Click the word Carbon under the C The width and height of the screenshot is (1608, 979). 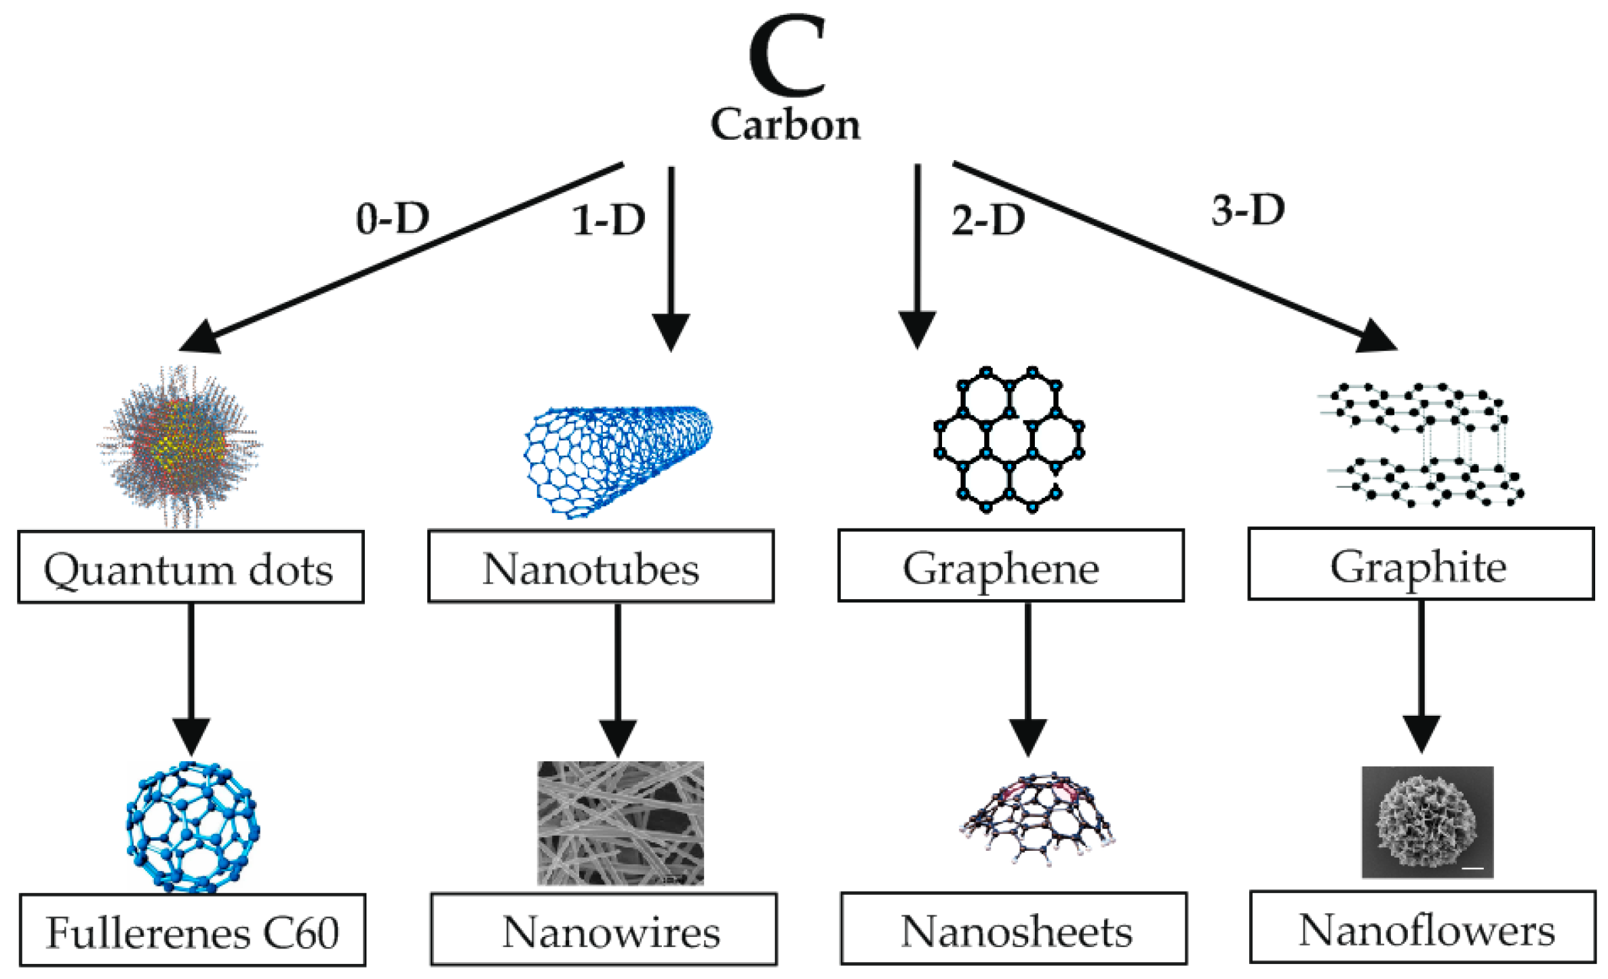pyautogui.click(x=785, y=126)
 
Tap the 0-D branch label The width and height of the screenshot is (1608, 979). pyautogui.click(x=393, y=218)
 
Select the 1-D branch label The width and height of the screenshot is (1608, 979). pyautogui.click(x=608, y=220)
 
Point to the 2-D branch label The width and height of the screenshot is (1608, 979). pyautogui.click(x=987, y=220)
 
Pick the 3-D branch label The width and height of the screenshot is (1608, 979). pyautogui.click(x=1248, y=210)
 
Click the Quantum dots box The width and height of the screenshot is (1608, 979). pyautogui.click(x=191, y=567)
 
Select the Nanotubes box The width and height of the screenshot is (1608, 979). pyautogui.click(x=600, y=567)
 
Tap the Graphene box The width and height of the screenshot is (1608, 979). pyautogui.click(x=1011, y=566)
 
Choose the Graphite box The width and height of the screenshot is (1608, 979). pyautogui.click(x=1421, y=564)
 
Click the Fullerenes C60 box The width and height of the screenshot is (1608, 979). pyautogui.click(x=193, y=930)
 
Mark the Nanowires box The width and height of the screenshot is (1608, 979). pyautogui.click(x=604, y=929)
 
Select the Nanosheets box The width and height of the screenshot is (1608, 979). pyautogui.click(x=1014, y=929)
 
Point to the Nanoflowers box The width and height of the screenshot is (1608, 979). pyautogui.click(x=1423, y=927)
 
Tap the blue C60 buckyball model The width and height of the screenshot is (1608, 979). pyautogui.click(x=192, y=826)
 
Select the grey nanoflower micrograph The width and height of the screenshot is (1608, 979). pyautogui.click(x=1427, y=822)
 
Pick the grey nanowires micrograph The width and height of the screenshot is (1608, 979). pyautogui.click(x=620, y=822)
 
